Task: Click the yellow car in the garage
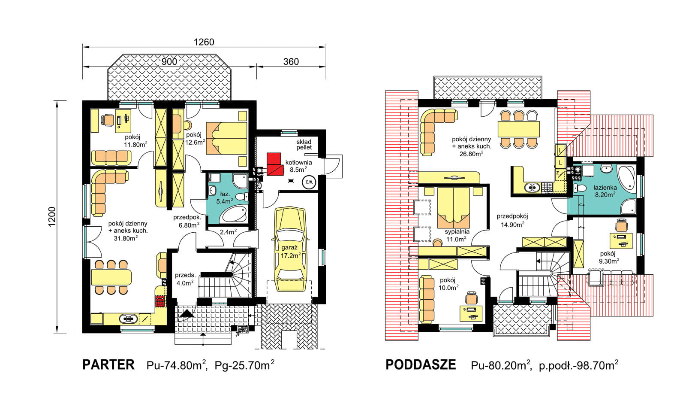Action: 290,249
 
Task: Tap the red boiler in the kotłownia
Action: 274,164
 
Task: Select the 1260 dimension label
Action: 204,42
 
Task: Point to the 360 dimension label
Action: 291,62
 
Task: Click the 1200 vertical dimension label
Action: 52,216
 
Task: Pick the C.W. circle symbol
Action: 309,182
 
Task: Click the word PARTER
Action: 108,364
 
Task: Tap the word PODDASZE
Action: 421,364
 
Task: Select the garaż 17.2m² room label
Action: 290,252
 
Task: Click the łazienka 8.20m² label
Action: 605,191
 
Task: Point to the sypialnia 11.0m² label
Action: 457,235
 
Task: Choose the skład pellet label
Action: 304,144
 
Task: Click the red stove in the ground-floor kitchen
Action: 160,301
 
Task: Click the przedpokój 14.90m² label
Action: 512,220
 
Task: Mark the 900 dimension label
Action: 169,62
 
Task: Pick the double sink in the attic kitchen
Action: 532,187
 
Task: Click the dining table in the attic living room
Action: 518,129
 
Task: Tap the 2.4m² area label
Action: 228,232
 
